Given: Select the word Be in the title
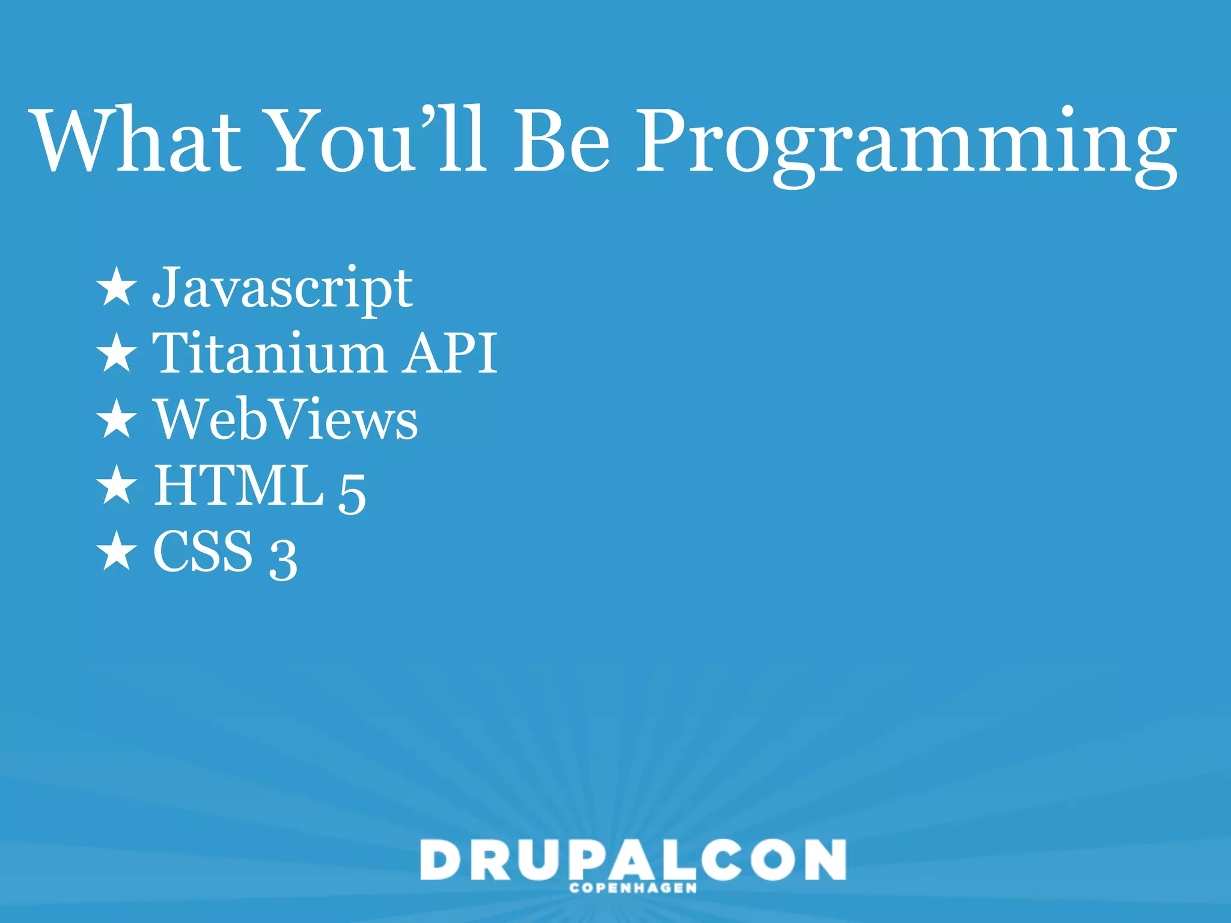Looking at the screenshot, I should coord(561,141).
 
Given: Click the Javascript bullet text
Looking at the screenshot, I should coord(283,288).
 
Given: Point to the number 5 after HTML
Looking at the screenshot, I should coord(352,493).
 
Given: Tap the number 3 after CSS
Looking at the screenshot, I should coord(283,559).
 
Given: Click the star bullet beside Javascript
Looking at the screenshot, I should coord(117,287).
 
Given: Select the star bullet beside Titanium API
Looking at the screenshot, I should coord(117,353).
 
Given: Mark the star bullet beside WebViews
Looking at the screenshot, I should coord(117,419).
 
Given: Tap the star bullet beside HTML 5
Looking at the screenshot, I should coord(117,485).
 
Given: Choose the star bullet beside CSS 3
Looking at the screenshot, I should coord(117,551).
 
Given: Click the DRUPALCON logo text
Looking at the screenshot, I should coord(633,859).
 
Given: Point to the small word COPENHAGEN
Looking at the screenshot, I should coord(633,888).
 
